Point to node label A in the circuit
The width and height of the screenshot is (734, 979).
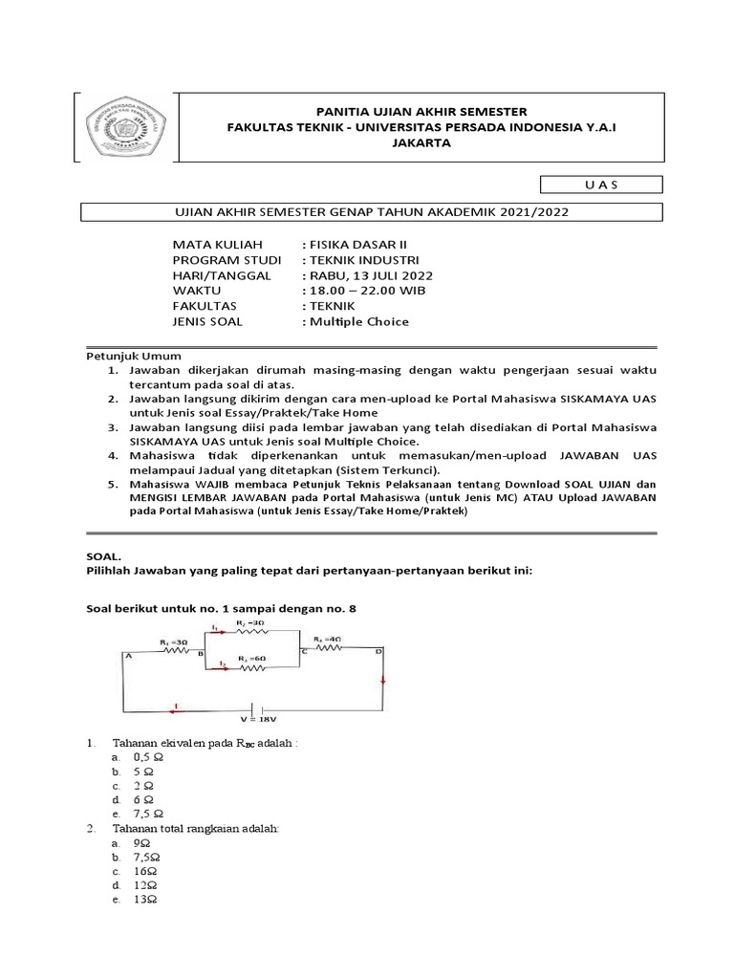tap(127, 655)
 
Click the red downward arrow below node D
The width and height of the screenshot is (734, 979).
tap(383, 681)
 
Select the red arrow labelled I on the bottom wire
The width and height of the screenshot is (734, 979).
tap(176, 709)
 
